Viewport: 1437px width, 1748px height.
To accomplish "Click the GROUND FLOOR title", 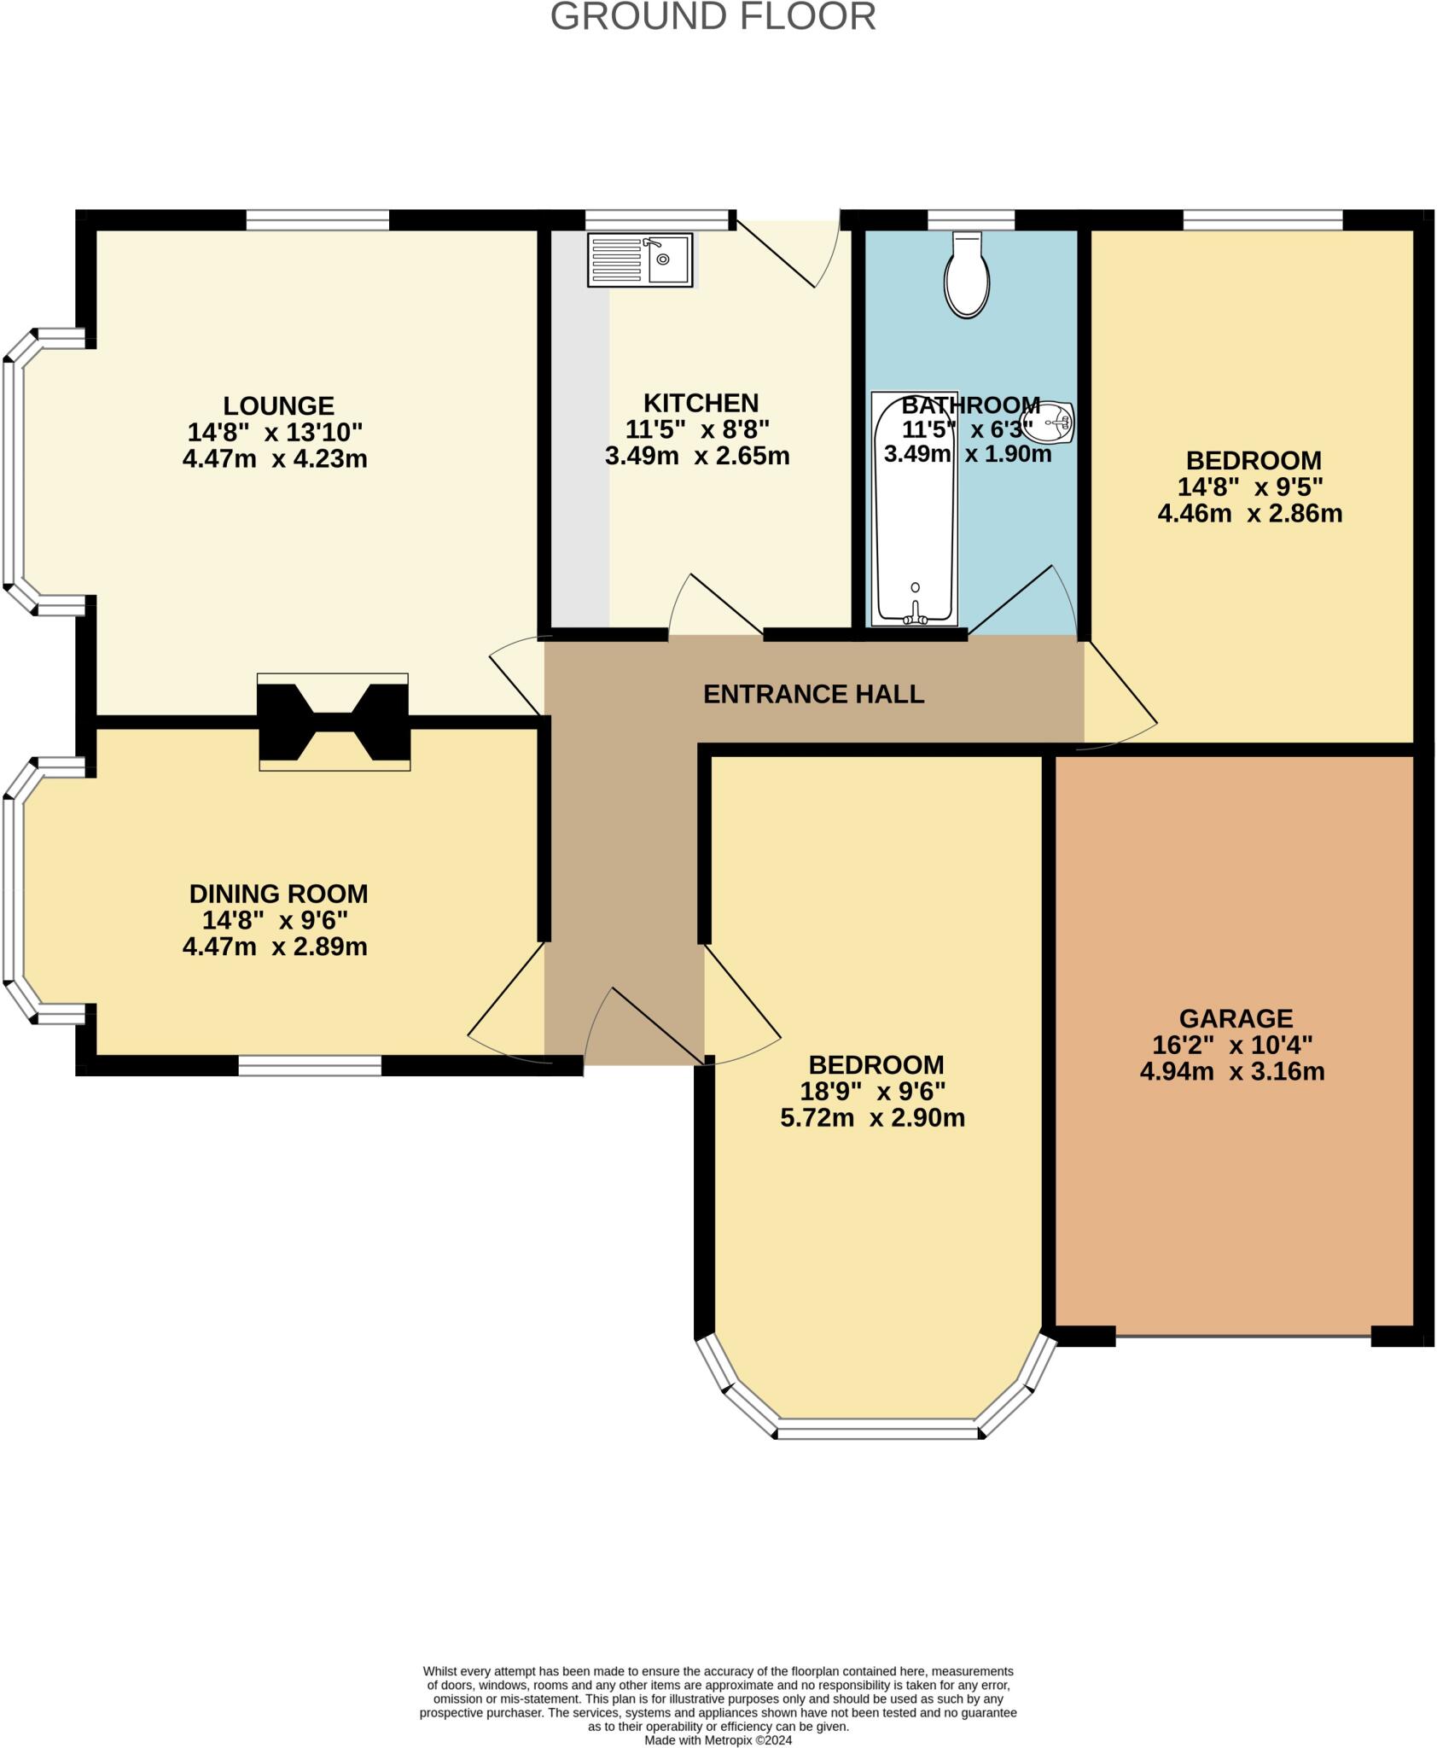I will (x=713, y=17).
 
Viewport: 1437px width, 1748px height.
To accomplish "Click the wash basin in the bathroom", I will (x=1056, y=422).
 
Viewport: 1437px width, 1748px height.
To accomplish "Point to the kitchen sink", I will (x=641, y=259).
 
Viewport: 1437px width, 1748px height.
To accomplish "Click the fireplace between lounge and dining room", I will (x=334, y=722).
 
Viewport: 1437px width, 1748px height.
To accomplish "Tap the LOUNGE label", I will (x=278, y=405).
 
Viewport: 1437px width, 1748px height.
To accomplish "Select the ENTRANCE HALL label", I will (x=813, y=694).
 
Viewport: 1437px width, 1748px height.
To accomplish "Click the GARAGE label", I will (x=1236, y=1018).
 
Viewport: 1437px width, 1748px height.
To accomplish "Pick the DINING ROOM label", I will (x=278, y=894).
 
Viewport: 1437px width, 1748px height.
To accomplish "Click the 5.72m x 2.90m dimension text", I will (x=872, y=1117).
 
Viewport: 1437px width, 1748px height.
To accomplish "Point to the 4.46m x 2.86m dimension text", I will (x=1249, y=513).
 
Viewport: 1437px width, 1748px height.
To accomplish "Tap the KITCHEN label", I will (x=701, y=402).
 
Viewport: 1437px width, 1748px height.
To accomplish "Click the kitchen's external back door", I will (x=787, y=251).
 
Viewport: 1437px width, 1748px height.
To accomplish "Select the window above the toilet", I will (x=971, y=220).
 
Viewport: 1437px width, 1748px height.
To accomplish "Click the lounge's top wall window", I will (x=317, y=220).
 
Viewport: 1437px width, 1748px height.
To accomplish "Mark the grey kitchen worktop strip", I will (x=580, y=452).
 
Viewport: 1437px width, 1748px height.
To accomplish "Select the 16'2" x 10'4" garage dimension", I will (x=1232, y=1045).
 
